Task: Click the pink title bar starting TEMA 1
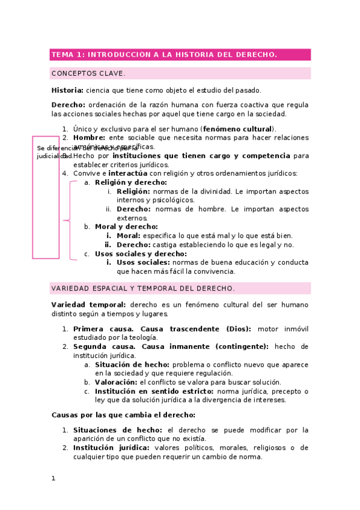[180, 55]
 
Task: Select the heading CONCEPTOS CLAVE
[88, 73]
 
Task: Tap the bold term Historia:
[67, 90]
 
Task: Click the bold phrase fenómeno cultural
[238, 129]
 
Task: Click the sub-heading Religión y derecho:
[131, 182]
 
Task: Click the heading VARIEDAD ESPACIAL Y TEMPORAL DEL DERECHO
[143, 289]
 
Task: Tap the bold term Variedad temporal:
[89, 305]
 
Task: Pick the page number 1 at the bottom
[53, 479]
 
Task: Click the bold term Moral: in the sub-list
[129, 236]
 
